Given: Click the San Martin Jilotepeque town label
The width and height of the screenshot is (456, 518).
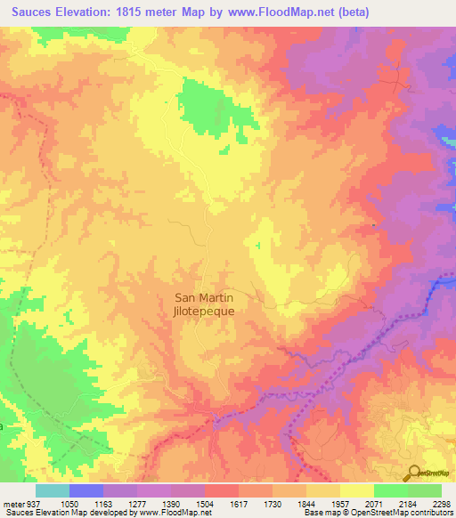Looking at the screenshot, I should (204, 305).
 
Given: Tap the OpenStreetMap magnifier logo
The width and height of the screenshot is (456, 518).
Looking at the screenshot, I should (413, 473).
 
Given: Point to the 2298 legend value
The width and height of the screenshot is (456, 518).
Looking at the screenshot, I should (442, 503).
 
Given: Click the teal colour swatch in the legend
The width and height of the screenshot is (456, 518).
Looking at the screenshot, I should (52, 490).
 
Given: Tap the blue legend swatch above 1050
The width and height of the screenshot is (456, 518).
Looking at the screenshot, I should (85, 490).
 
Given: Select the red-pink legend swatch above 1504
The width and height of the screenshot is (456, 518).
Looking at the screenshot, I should (221, 490).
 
